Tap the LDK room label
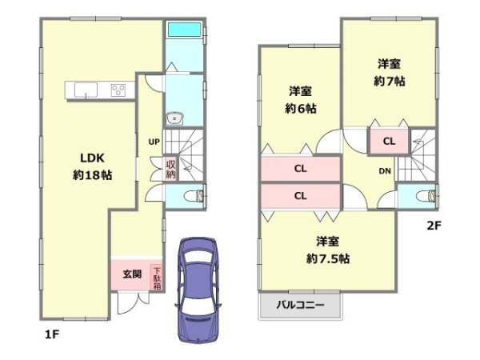(89, 157)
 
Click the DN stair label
(384, 170)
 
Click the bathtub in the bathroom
(184, 30)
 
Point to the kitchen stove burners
(118, 90)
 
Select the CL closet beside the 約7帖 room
(388, 141)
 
